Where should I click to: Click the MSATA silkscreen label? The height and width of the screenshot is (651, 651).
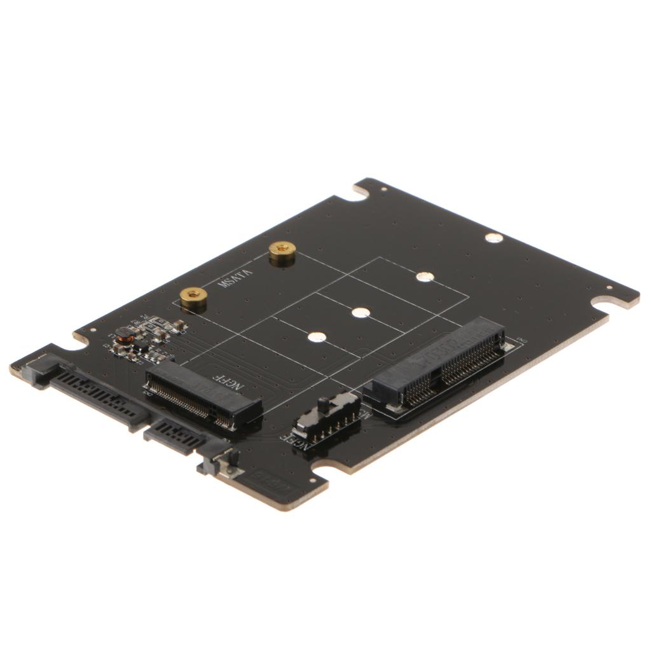point(235,278)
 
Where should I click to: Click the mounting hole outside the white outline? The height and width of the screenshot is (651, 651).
point(493,238)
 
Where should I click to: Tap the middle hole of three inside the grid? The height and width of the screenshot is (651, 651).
point(360,313)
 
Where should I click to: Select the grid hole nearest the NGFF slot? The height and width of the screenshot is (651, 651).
point(317,337)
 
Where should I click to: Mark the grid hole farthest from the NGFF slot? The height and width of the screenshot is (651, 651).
point(425,277)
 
